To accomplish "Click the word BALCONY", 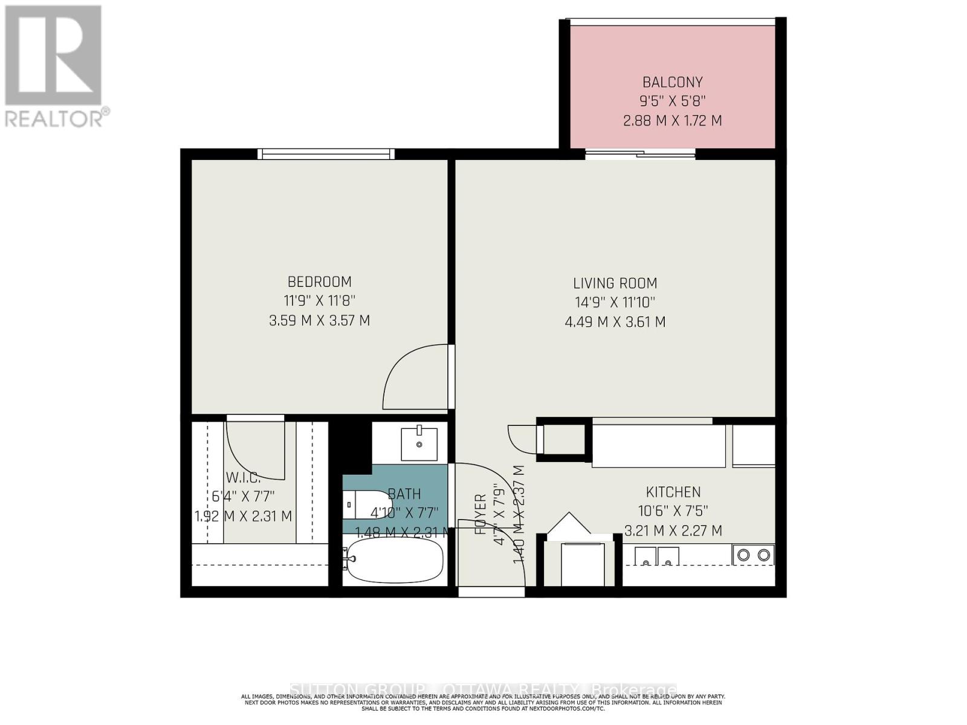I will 672,82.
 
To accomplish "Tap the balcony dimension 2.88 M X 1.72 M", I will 672,120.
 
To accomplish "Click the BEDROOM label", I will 319,282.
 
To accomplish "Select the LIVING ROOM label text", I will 615,283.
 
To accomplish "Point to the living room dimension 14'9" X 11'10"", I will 615,302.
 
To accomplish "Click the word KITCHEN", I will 673,492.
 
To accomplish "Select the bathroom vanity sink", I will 419,442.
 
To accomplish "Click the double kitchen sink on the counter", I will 656,556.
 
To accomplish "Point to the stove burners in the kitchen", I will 753,555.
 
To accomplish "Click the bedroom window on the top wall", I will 326,154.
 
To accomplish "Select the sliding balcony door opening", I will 640,155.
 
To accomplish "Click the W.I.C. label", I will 243,477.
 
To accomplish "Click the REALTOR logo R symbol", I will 53,55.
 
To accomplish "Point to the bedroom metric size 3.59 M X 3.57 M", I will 319,320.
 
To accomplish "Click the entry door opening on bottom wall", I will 491,592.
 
